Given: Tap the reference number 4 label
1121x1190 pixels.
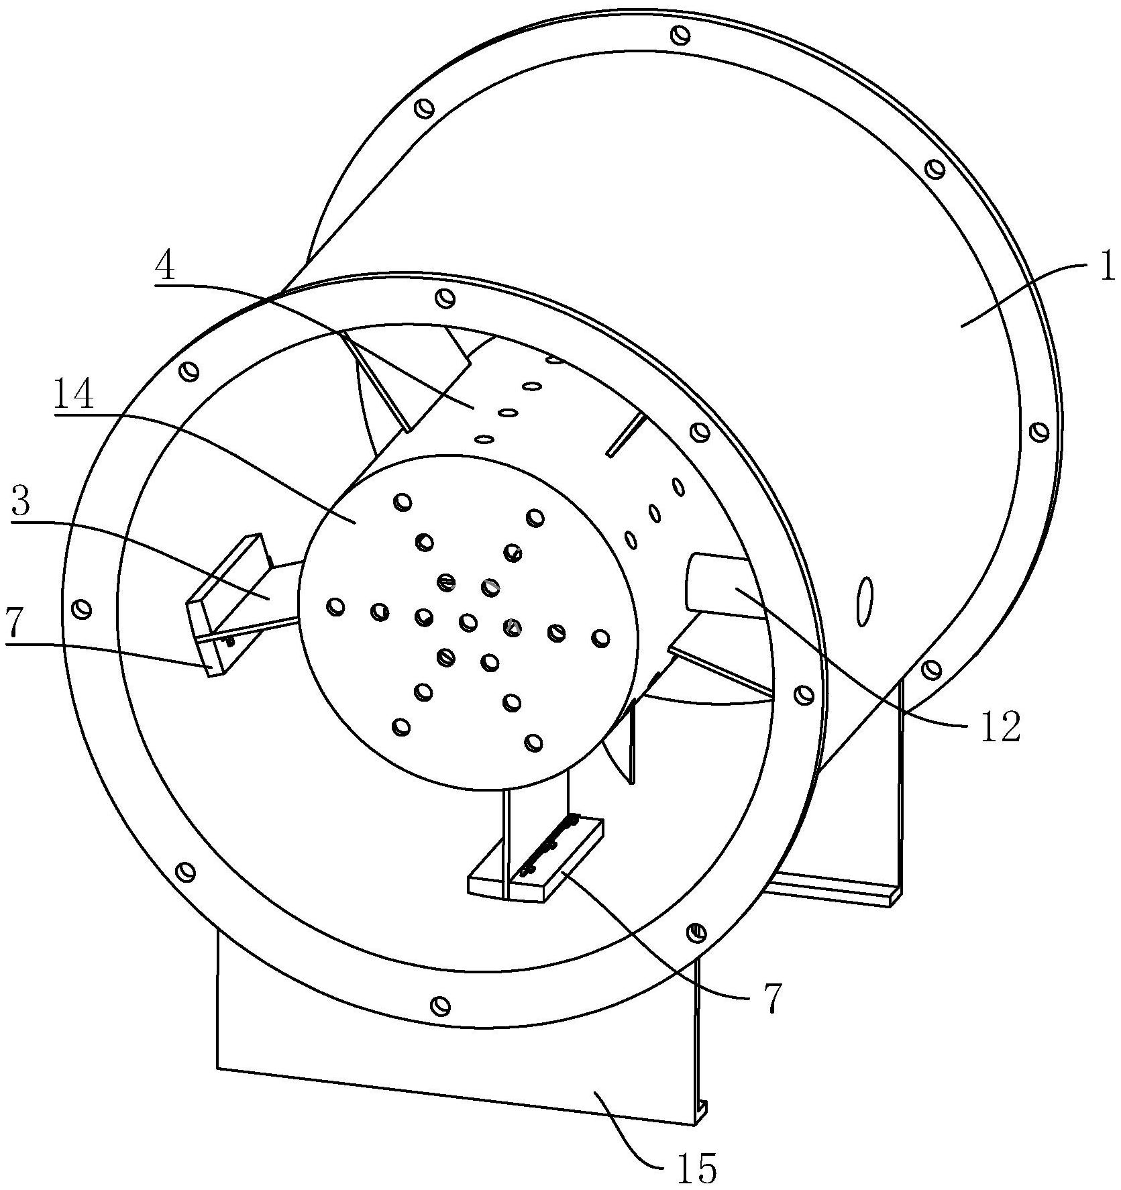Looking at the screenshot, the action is (165, 268).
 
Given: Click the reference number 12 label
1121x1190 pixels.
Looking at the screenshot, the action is (1000, 726).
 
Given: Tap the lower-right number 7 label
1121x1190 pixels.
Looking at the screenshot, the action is (773, 999).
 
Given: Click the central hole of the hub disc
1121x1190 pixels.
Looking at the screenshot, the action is (468, 623).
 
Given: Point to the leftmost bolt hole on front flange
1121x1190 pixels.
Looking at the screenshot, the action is (83, 609).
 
